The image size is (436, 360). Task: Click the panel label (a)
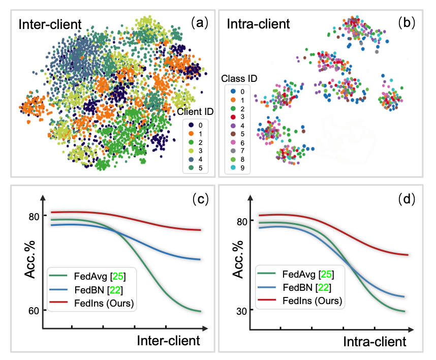[x=197, y=23]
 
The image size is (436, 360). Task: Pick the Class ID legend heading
[x=240, y=79]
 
